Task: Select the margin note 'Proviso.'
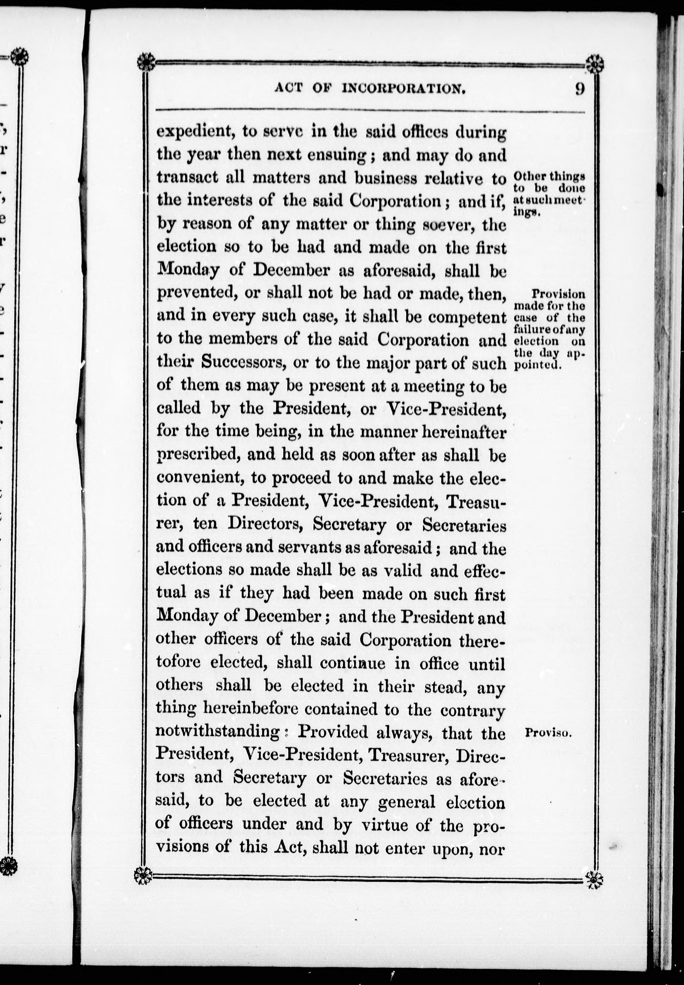click(x=548, y=733)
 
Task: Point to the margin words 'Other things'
click(x=549, y=176)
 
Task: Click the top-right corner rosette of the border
click(x=595, y=65)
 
